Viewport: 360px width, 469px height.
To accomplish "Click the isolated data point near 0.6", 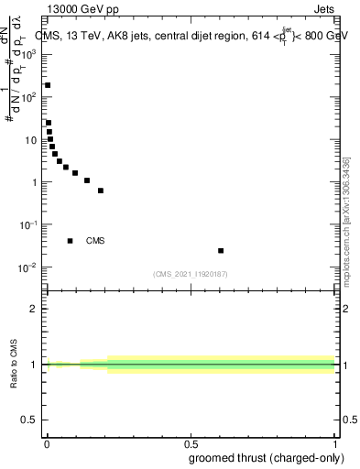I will coord(221,250).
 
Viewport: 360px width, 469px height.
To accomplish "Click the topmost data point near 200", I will coord(48,85).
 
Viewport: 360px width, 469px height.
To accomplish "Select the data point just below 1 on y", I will coord(101,191).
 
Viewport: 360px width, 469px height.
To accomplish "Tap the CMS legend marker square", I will coord(71,241).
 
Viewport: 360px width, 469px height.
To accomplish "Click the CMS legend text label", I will coord(95,241).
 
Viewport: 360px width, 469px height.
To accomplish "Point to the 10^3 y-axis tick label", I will coord(29,54).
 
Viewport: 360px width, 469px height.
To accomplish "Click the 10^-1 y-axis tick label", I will coord(28,225).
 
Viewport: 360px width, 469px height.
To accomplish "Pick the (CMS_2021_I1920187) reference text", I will coord(191,274).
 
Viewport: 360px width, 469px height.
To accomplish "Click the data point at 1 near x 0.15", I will coord(87,180).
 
